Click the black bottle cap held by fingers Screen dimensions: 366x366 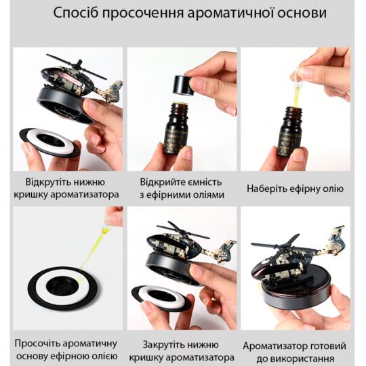182,84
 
